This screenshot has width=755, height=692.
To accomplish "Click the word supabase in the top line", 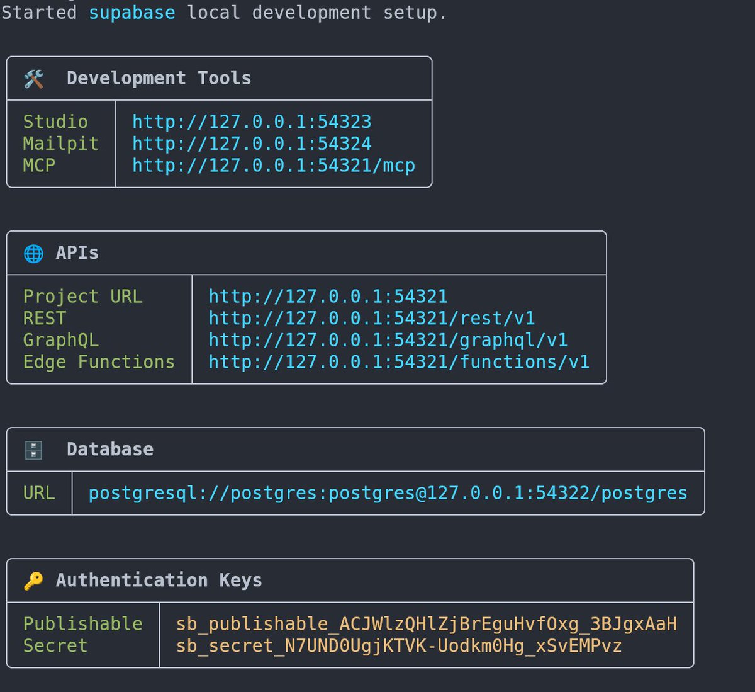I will click(131, 13).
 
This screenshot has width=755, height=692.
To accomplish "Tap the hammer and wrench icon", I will click(33, 79).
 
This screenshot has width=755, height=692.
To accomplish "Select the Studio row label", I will click(55, 122).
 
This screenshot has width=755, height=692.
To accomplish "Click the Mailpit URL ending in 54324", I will click(252, 144).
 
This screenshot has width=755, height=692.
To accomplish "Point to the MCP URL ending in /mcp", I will click(274, 166).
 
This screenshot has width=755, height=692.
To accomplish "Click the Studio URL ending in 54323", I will click(252, 122).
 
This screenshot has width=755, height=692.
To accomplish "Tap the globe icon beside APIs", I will click(33, 253).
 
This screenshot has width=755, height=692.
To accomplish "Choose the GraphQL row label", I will click(61, 341).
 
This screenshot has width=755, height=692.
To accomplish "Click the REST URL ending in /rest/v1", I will click(372, 319).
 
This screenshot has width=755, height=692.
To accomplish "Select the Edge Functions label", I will click(99, 362).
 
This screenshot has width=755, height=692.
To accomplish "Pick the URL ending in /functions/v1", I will click(399, 362).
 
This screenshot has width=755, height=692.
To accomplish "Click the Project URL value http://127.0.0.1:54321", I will click(328, 297).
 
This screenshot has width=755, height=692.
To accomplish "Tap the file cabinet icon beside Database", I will click(33, 450).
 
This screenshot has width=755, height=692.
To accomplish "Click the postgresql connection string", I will click(388, 493).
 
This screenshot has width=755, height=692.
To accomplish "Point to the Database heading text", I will click(110, 450).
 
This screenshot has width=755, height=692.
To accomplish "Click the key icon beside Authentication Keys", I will click(33, 581).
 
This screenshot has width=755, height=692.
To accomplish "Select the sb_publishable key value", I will click(427, 624).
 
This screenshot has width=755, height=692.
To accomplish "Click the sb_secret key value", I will click(399, 646).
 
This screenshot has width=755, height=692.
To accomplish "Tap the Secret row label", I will click(55, 646).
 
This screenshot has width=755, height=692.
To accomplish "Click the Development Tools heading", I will click(159, 79).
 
